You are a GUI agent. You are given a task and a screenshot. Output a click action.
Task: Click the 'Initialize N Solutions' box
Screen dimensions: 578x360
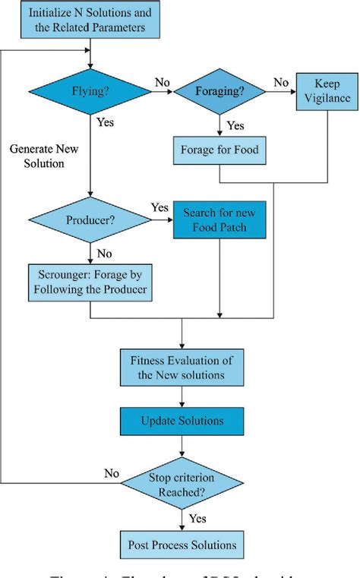(x=90, y=21)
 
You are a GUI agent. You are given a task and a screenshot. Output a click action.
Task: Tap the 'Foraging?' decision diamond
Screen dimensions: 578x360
(x=219, y=92)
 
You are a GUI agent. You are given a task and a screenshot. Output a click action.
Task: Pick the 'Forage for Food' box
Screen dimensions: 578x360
(x=219, y=150)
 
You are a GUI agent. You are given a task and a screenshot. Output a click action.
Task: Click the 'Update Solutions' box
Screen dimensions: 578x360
(x=182, y=420)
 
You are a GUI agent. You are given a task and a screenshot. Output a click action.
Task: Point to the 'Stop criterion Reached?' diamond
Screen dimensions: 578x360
(x=182, y=484)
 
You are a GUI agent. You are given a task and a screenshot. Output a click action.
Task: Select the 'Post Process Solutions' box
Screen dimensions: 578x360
(x=182, y=544)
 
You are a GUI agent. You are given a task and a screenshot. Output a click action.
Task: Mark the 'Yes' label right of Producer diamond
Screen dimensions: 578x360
(x=160, y=207)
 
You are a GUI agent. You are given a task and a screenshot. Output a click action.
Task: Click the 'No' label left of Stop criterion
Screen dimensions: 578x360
(x=112, y=472)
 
